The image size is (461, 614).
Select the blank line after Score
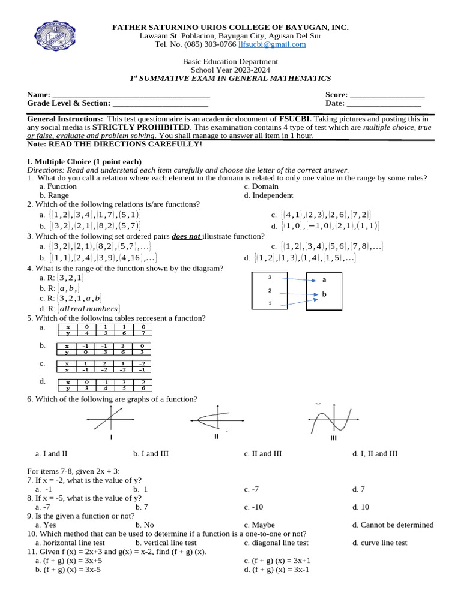point(387,95)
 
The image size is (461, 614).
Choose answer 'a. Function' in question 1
point(58,186)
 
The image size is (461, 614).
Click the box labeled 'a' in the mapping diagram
point(324,279)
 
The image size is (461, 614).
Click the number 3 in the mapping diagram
point(270,278)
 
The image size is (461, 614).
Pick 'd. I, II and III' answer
point(375,454)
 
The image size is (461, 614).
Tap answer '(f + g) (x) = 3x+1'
point(277,561)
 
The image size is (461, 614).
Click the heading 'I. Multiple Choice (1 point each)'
point(85,162)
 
